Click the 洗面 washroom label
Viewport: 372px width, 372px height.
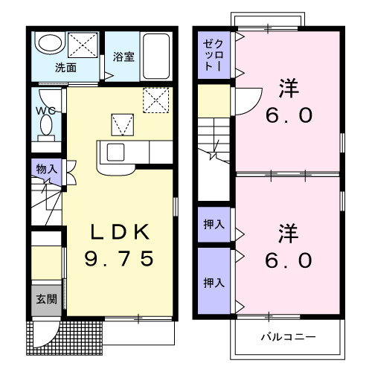65,67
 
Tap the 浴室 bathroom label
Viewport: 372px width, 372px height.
123,57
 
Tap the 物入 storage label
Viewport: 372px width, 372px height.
47,170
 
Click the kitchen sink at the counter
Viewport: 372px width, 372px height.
117,152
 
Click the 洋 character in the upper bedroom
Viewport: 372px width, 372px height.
289,88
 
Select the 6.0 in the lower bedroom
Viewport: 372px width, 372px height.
289,261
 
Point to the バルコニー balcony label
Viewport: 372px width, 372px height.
288,337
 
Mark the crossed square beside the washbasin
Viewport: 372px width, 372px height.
79,44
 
